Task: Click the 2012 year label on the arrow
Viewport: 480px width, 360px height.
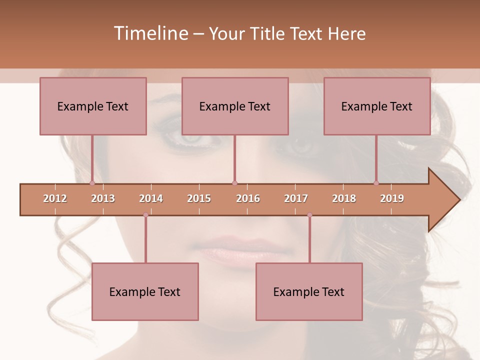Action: (x=55, y=198)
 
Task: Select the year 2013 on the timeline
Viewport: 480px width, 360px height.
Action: (x=103, y=198)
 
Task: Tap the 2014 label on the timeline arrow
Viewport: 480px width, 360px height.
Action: (x=151, y=198)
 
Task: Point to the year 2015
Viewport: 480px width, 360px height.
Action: (x=199, y=198)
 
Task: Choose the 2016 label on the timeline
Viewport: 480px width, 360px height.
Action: (x=248, y=198)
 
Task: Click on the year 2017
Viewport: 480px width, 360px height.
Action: (x=296, y=198)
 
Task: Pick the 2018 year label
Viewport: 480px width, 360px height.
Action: (x=344, y=198)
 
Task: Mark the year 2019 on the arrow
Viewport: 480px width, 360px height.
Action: (x=392, y=198)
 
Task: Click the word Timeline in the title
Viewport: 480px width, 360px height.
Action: (x=150, y=33)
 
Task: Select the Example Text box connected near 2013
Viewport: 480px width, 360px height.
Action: (x=93, y=106)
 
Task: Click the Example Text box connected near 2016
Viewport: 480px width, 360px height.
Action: (x=235, y=106)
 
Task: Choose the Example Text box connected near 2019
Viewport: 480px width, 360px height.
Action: (x=377, y=106)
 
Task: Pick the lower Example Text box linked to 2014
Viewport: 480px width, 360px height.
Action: (x=145, y=291)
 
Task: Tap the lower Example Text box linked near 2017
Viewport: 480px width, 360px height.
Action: (x=309, y=291)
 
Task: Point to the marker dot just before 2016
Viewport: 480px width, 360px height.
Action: (x=234, y=183)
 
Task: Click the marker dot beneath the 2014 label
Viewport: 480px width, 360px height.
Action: (x=145, y=215)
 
